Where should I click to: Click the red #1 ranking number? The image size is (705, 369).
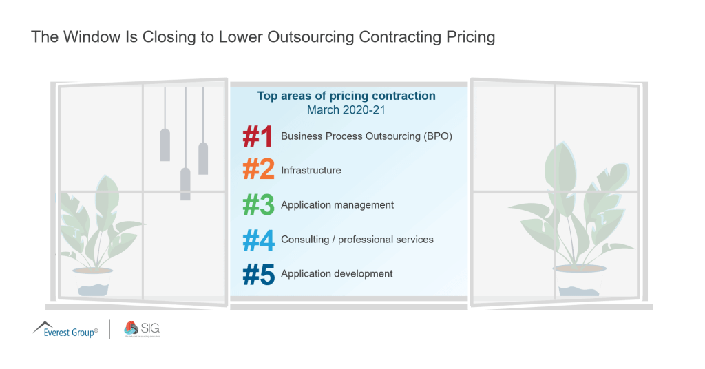[x=259, y=136]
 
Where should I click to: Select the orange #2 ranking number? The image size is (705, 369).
[x=259, y=171]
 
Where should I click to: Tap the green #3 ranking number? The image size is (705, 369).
[x=259, y=205]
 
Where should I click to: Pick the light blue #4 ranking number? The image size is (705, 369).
[x=259, y=240]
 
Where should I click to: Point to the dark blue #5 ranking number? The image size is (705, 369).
[x=259, y=274]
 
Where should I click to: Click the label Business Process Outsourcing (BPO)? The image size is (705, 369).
[x=366, y=136]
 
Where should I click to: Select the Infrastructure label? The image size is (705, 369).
[x=311, y=170]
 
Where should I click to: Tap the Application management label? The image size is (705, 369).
[x=337, y=204]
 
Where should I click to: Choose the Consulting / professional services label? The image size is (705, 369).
[x=357, y=240]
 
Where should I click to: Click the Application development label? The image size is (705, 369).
[x=337, y=273]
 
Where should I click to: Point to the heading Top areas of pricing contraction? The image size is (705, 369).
[x=346, y=96]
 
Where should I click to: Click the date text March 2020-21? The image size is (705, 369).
[x=346, y=109]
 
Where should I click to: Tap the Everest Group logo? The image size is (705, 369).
[x=65, y=330]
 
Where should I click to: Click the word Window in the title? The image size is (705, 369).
[x=92, y=37]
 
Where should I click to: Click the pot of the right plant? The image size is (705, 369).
[x=578, y=281]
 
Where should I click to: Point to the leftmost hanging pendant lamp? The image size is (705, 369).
[x=165, y=145]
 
